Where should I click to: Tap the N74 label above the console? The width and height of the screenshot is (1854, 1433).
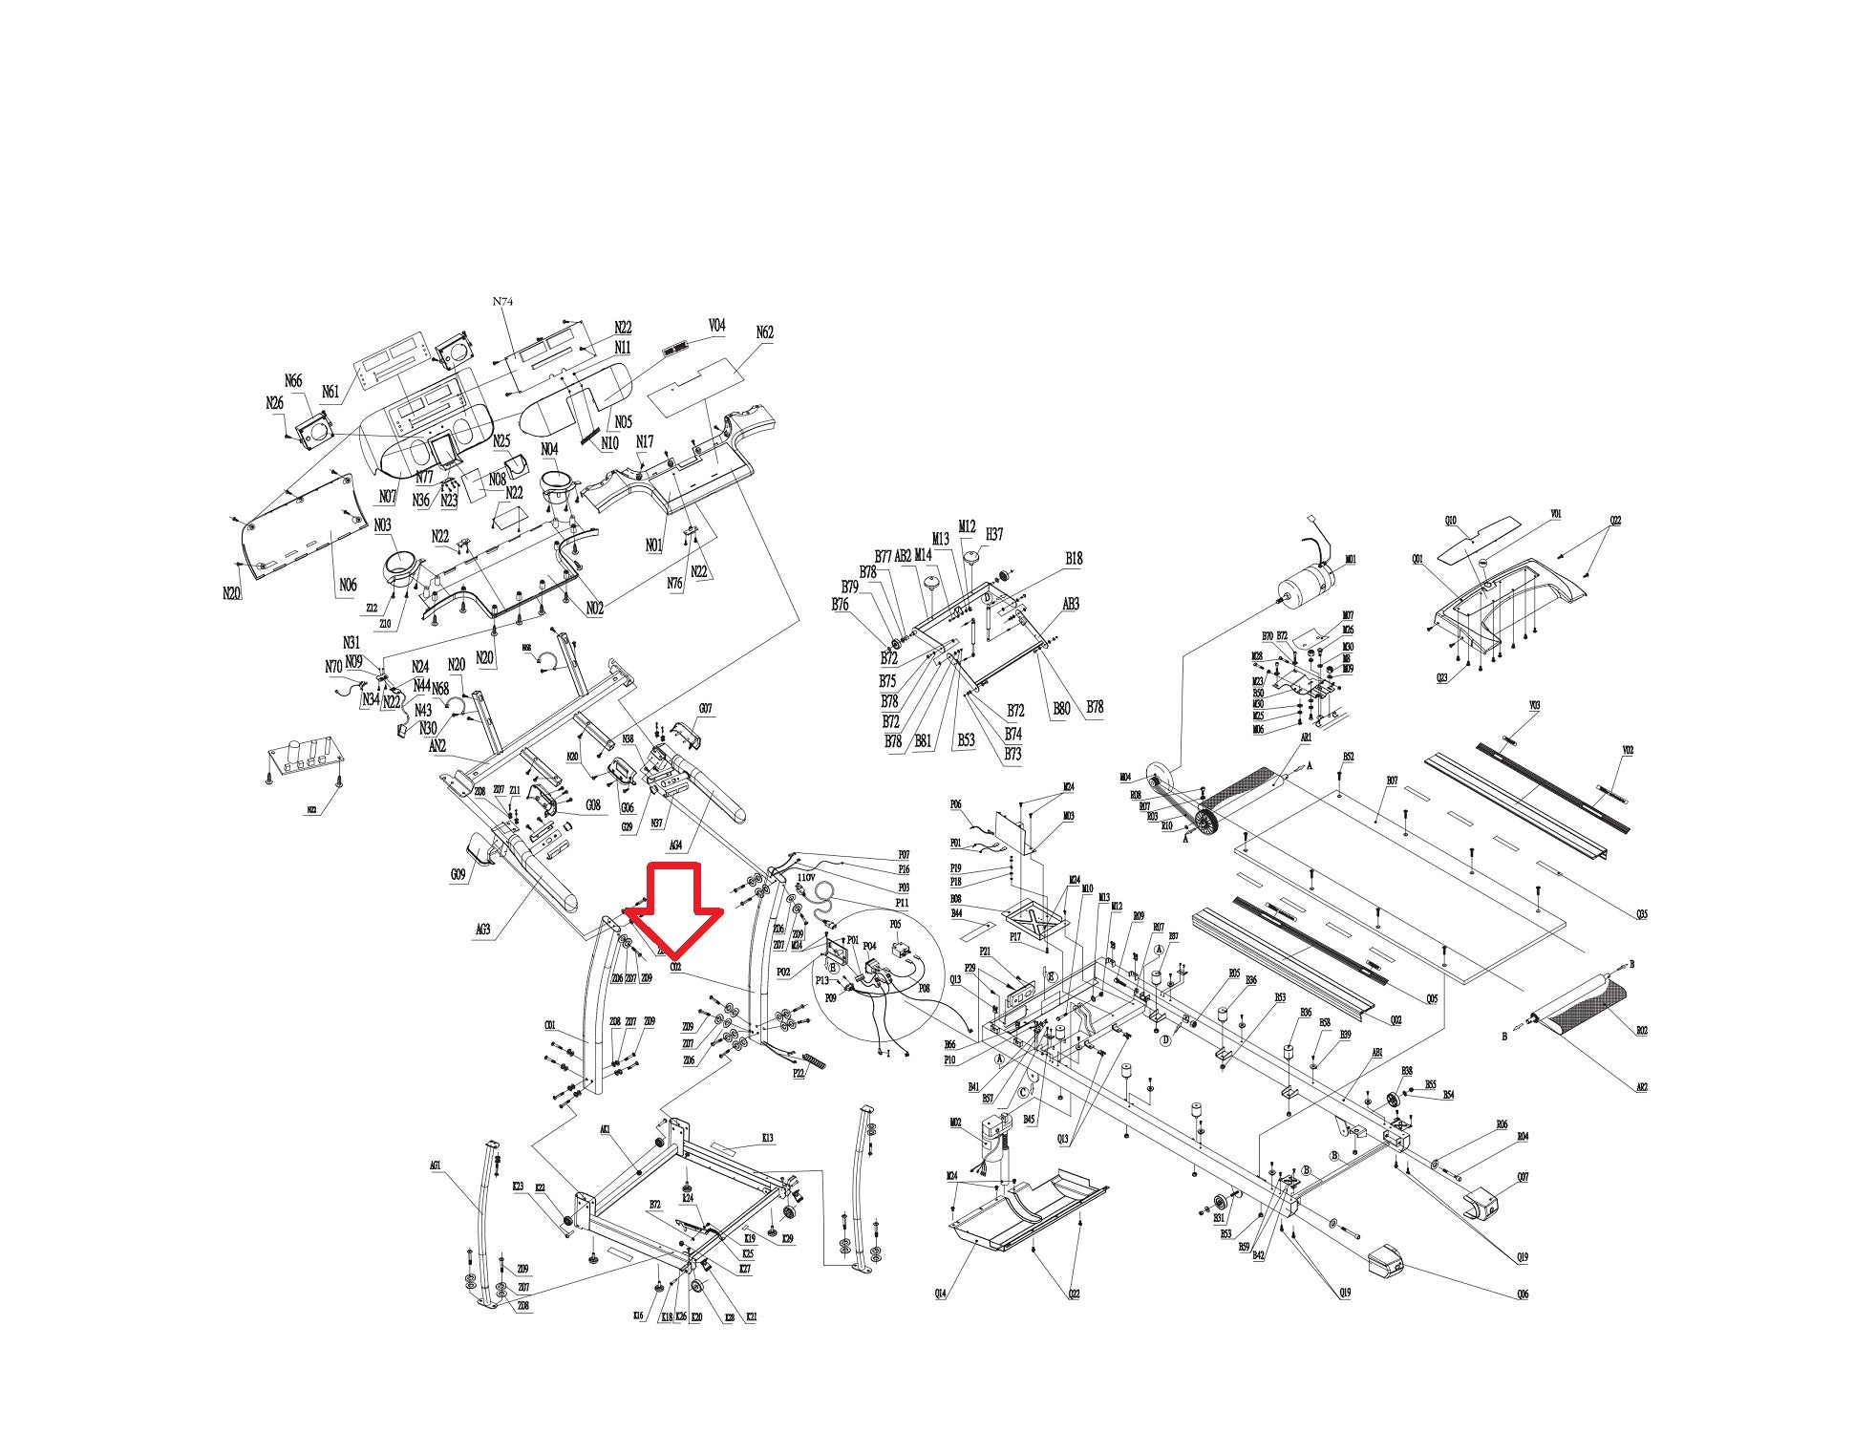click(x=502, y=302)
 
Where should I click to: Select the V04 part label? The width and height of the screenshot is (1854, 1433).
click(x=716, y=326)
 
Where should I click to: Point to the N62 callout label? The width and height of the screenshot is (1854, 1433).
click(x=764, y=332)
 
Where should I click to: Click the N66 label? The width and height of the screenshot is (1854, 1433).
click(x=293, y=381)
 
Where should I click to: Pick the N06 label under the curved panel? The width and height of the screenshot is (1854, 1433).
click(x=348, y=585)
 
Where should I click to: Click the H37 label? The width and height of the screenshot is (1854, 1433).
click(x=994, y=534)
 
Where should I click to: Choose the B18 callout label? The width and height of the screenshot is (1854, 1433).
click(x=1074, y=559)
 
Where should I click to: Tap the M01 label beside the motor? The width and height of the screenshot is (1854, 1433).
click(x=1350, y=560)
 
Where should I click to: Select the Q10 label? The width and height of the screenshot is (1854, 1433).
click(x=1451, y=521)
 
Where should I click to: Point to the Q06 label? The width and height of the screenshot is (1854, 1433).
click(x=1522, y=1295)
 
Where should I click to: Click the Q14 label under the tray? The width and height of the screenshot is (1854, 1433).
click(x=941, y=1294)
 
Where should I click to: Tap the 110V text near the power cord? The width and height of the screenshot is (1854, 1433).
click(x=805, y=877)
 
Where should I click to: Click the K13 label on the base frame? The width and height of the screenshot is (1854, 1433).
click(x=767, y=1138)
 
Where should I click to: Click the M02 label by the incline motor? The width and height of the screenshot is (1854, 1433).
click(x=955, y=1123)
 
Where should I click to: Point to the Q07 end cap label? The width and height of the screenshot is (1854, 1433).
click(x=1523, y=1178)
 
